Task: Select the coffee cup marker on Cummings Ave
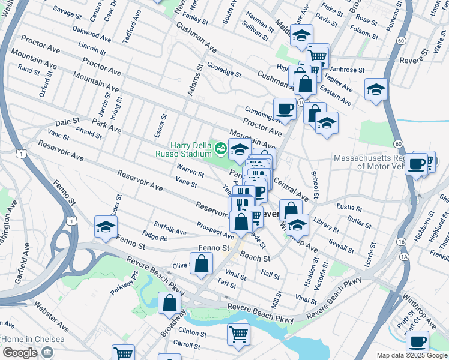285,108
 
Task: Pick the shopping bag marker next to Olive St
202,262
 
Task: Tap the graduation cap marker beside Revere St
376,89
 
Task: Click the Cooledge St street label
224,70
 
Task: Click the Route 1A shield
405,256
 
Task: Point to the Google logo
19,352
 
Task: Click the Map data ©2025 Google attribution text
411,355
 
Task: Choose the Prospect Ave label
215,229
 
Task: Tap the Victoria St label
325,274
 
